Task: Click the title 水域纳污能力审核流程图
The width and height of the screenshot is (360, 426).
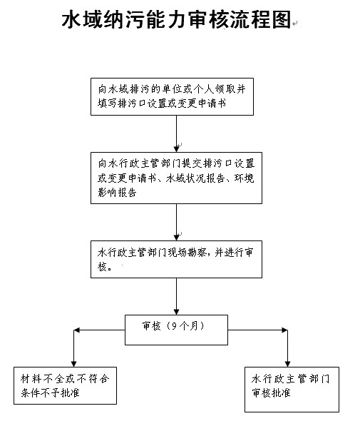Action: click(x=177, y=19)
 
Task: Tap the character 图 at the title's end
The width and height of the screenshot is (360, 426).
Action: click(x=282, y=19)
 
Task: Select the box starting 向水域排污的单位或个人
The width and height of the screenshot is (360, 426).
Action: click(x=172, y=97)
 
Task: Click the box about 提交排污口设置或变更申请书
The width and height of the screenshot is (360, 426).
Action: click(x=176, y=178)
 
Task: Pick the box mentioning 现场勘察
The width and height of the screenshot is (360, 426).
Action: click(x=176, y=259)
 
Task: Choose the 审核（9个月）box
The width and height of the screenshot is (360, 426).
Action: click(x=176, y=330)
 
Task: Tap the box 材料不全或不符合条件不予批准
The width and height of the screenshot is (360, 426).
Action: click(x=65, y=386)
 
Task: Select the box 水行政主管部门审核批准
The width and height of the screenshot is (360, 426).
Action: click(x=292, y=390)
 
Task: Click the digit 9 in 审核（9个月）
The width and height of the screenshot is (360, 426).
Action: click(x=174, y=326)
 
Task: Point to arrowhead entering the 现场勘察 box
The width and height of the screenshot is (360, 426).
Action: click(x=177, y=237)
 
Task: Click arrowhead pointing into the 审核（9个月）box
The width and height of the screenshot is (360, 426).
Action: click(x=177, y=311)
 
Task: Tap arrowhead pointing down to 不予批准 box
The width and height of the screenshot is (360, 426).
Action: click(x=73, y=363)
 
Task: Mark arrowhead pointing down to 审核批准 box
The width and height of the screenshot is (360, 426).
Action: click(x=287, y=363)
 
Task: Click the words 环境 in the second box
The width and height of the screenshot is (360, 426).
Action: click(x=245, y=178)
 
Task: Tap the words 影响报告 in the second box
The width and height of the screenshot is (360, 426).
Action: click(x=118, y=193)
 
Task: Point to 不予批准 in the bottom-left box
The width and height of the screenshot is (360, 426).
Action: click(x=60, y=393)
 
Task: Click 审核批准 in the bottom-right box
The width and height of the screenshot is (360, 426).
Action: click(x=271, y=393)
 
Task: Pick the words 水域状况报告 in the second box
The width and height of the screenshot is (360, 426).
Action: click(x=195, y=178)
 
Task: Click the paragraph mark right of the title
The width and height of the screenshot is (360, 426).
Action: click(x=295, y=24)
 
